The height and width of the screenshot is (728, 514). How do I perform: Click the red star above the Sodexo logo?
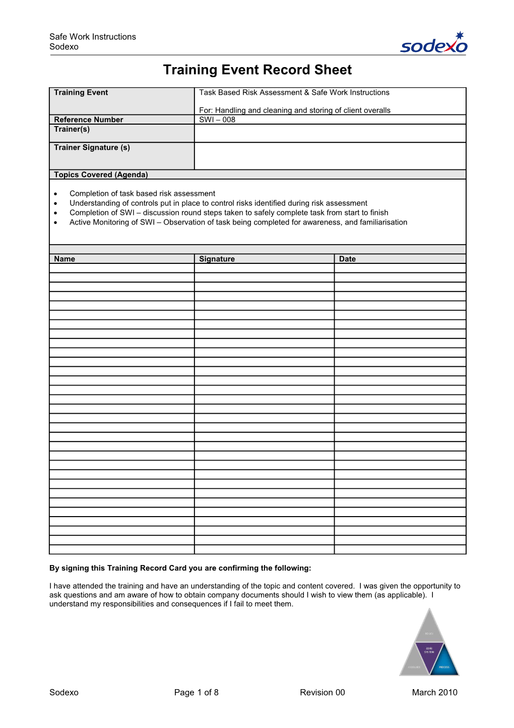pyautogui.click(x=459, y=36)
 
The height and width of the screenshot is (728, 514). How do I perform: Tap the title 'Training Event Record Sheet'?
pyautogui.click(x=257, y=70)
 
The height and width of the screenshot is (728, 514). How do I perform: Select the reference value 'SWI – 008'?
pyautogui.click(x=217, y=120)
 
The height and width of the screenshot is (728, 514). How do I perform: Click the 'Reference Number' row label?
pyautogui.click(x=89, y=120)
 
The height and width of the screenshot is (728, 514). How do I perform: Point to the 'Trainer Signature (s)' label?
pyautogui.click(x=92, y=147)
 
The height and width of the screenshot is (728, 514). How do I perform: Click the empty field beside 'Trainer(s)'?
pyautogui.click(x=330, y=133)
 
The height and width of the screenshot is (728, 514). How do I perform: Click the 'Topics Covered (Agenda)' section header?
pyautogui.click(x=101, y=175)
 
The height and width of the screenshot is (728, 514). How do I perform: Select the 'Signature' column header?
pyautogui.click(x=217, y=259)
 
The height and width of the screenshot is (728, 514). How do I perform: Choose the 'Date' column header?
pyautogui.click(x=347, y=259)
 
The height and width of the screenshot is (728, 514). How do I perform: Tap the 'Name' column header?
pyautogui.click(x=65, y=259)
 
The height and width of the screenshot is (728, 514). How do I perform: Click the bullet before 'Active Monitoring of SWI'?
pyautogui.click(x=55, y=222)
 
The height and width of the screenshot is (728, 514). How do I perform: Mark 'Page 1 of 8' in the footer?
pyautogui.click(x=196, y=692)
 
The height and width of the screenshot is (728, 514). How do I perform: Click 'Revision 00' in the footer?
pyautogui.click(x=322, y=692)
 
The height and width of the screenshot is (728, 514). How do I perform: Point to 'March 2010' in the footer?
pyautogui.click(x=434, y=692)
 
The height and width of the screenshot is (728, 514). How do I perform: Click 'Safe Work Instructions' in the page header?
pyautogui.click(x=93, y=37)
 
